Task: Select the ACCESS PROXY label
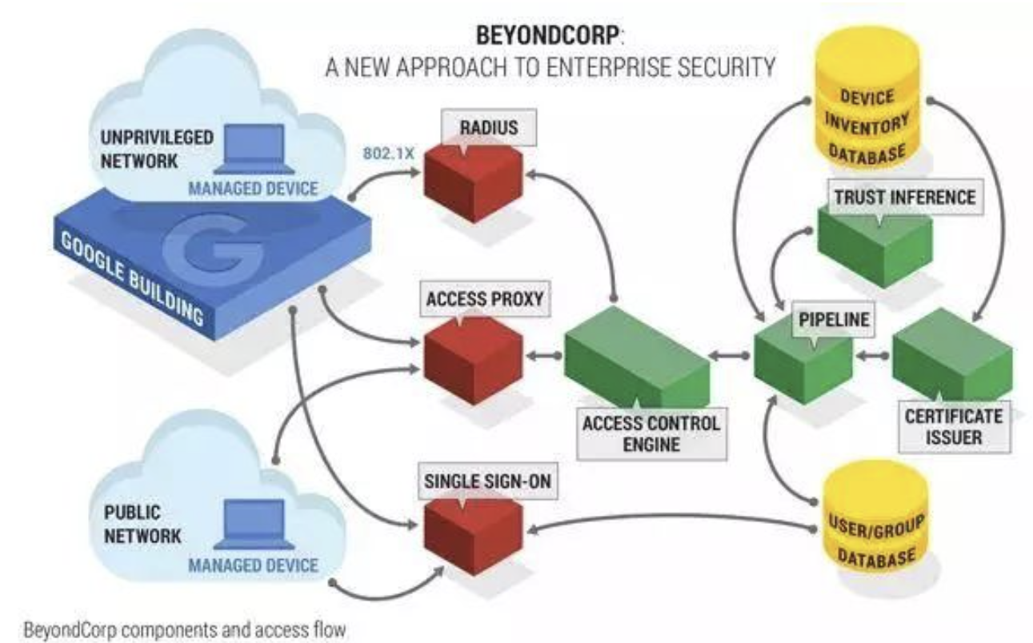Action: pyautogui.click(x=484, y=300)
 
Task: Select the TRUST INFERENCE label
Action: pyautogui.click(x=905, y=196)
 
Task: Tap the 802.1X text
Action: pyautogui.click(x=389, y=153)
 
